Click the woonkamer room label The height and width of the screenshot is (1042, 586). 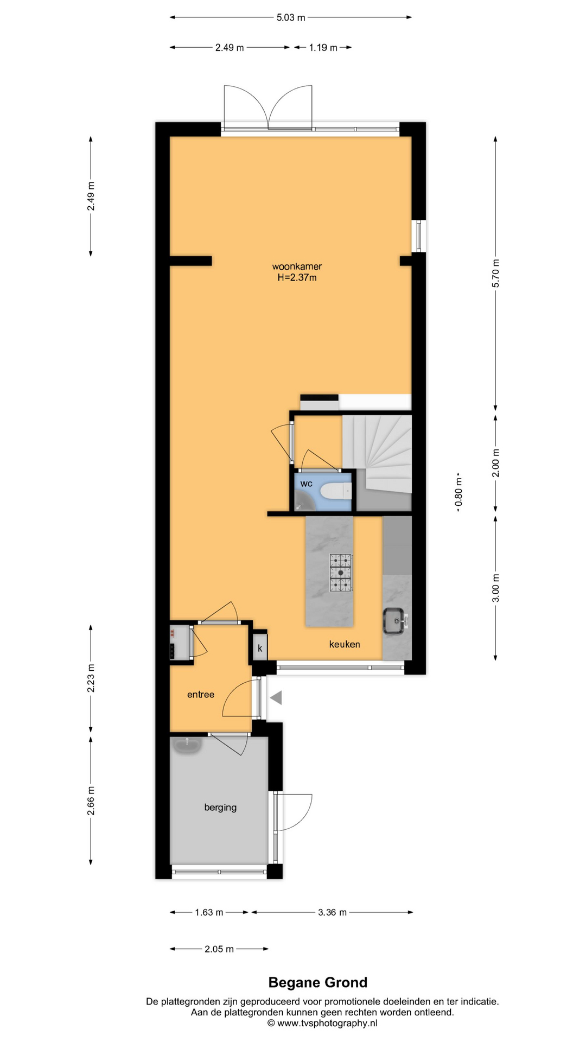click(297, 266)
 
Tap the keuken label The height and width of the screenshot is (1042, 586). click(345, 644)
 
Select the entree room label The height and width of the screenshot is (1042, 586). click(201, 695)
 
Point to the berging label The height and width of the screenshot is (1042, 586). click(220, 808)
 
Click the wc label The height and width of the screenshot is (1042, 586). click(307, 484)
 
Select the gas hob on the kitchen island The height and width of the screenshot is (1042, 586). click(341, 573)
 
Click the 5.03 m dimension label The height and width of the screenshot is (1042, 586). click(291, 17)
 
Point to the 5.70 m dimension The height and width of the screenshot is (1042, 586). click(495, 274)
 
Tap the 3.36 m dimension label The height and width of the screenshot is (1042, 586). click(332, 912)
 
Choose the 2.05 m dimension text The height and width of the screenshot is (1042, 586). click(219, 949)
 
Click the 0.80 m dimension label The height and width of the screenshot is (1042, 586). click(458, 492)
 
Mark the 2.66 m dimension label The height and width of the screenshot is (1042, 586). click(91, 800)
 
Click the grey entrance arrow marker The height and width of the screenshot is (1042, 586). click(276, 697)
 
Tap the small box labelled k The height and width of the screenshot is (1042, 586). click(260, 648)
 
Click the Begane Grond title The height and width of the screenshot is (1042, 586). click(318, 982)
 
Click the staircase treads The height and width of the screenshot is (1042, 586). click(377, 454)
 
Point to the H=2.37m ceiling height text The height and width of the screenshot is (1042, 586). click(297, 278)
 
